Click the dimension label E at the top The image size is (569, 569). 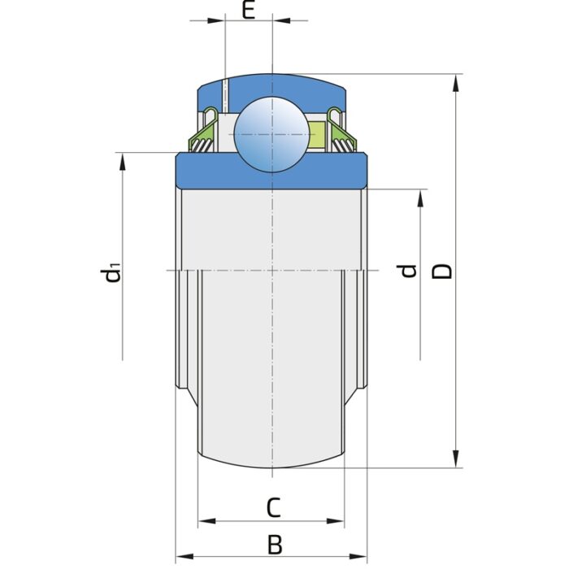click(250, 11)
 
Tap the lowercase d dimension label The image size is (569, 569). click(409, 271)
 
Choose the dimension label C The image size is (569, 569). click(274, 508)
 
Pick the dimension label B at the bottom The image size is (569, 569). click(275, 544)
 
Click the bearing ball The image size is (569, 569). click(271, 133)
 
